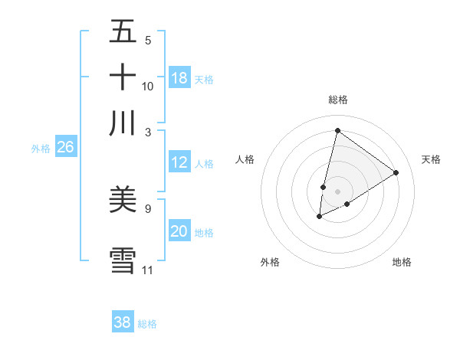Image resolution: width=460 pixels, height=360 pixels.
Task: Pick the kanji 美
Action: pos(123,199)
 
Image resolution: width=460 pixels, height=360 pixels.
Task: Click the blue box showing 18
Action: pos(179,78)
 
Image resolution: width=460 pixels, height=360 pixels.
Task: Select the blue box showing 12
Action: pos(179,162)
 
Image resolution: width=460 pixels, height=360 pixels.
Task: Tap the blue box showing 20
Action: pos(179,231)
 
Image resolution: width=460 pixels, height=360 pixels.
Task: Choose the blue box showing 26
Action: pos(65,148)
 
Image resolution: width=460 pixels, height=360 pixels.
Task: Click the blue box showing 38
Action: pos(123,322)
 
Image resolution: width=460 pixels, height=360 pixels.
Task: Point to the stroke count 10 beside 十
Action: pos(148,87)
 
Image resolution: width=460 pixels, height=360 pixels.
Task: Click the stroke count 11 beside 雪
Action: pos(148,270)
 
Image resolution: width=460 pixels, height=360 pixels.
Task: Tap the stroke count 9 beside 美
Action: pos(148,208)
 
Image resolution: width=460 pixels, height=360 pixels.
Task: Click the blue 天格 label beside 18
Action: pos(204,79)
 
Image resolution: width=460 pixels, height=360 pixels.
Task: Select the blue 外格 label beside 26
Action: pos(41,149)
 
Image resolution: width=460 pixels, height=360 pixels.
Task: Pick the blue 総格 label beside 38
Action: pos(147,323)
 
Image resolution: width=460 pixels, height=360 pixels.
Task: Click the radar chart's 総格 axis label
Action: pos(337,100)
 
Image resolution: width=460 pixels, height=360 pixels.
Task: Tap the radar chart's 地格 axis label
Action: pos(402,262)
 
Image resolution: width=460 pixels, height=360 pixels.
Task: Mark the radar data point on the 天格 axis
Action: pos(396,173)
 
